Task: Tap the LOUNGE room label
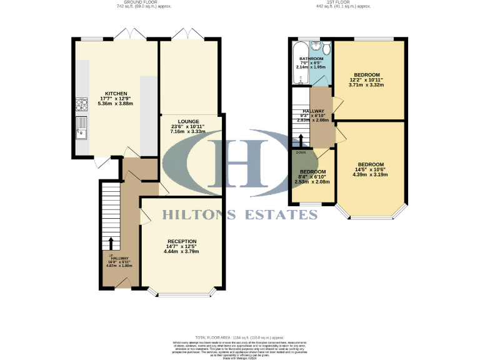[188, 121]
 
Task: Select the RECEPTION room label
[182, 241]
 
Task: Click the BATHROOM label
[311, 58]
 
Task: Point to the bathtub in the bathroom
[300, 62]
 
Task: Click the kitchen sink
[82, 127]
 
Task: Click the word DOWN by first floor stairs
[301, 152]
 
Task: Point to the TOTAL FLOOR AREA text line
[239, 337]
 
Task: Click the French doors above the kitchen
[132, 34]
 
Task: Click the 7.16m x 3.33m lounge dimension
[188, 132]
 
